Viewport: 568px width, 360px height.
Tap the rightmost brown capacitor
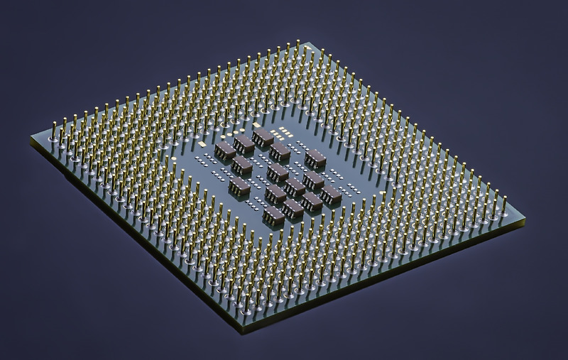[330, 194]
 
